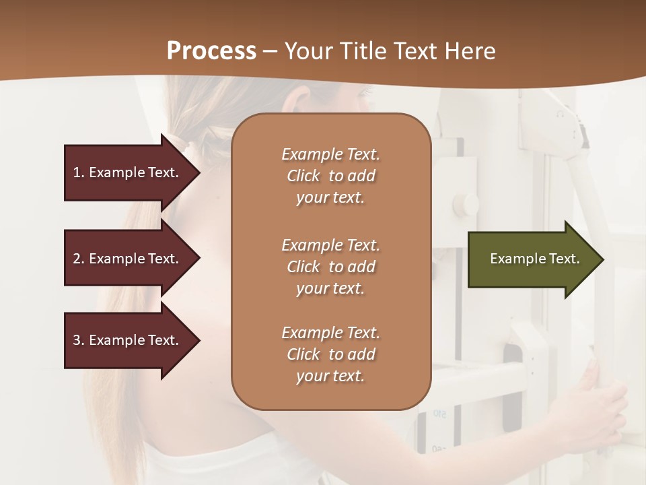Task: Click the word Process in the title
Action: pos(211,51)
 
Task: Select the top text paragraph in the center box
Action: pos(330,176)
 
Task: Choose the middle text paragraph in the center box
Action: pos(330,267)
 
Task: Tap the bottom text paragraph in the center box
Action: pos(330,354)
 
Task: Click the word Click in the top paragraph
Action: pos(303,176)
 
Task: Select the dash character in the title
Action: pos(270,51)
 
